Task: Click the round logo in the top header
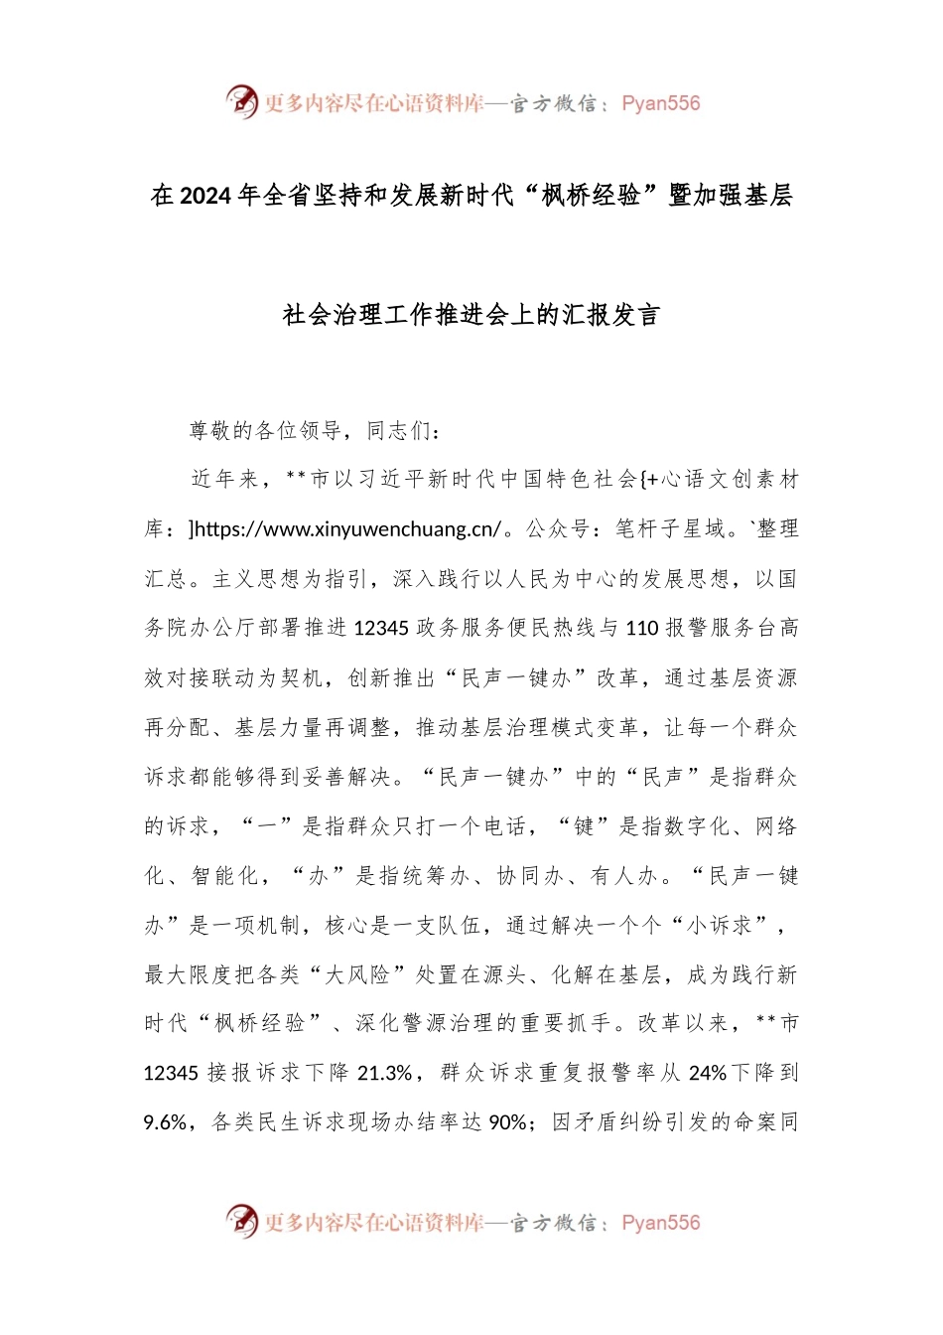(x=241, y=101)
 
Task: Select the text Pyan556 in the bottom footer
(x=660, y=1223)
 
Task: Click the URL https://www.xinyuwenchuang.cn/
(x=347, y=529)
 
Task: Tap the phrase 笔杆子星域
(x=670, y=529)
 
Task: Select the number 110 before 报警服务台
(x=642, y=628)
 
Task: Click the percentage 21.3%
(x=384, y=1074)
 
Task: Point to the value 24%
(x=708, y=1074)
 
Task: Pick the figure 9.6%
(x=165, y=1122)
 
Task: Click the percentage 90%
(x=507, y=1122)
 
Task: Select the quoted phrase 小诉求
(x=720, y=926)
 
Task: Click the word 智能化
(x=224, y=876)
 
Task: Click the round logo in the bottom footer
(x=241, y=1221)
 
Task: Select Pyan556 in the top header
(x=660, y=103)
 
